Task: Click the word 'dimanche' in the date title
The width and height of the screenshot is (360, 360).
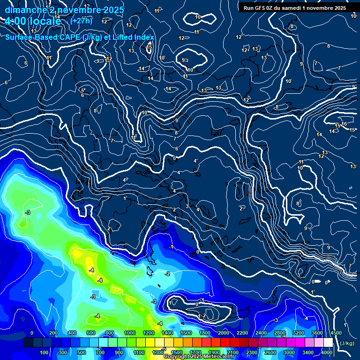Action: click(25, 10)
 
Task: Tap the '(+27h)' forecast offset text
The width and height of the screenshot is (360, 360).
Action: click(82, 21)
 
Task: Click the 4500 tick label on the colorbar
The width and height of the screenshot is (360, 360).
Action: click(336, 333)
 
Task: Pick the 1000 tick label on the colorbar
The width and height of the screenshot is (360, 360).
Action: click(129, 333)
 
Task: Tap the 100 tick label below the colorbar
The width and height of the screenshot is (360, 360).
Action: click(45, 352)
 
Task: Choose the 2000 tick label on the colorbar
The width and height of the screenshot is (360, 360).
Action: click(223, 333)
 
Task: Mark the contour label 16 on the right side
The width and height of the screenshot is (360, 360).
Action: click(345, 124)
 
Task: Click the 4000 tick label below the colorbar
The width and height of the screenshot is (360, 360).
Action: click(327, 352)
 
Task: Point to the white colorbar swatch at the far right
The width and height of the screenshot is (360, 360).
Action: click(328, 343)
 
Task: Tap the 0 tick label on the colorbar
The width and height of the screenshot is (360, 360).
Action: click(32, 333)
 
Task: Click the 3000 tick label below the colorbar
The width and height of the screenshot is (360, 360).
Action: click(289, 352)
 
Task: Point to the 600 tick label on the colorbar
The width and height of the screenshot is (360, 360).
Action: click(91, 333)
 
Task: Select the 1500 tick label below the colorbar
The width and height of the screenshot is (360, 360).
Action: click(177, 352)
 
